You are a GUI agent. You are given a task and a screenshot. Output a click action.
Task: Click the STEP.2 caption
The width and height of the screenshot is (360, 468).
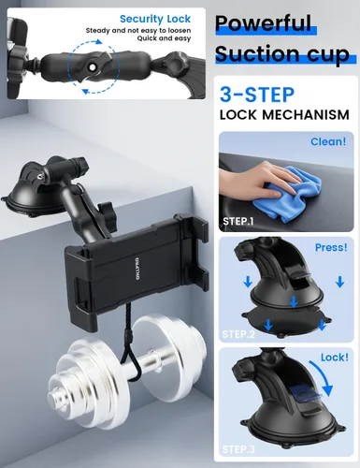tap(240, 332)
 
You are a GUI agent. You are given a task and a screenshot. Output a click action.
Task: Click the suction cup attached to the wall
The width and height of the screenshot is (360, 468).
tap(37, 196)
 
